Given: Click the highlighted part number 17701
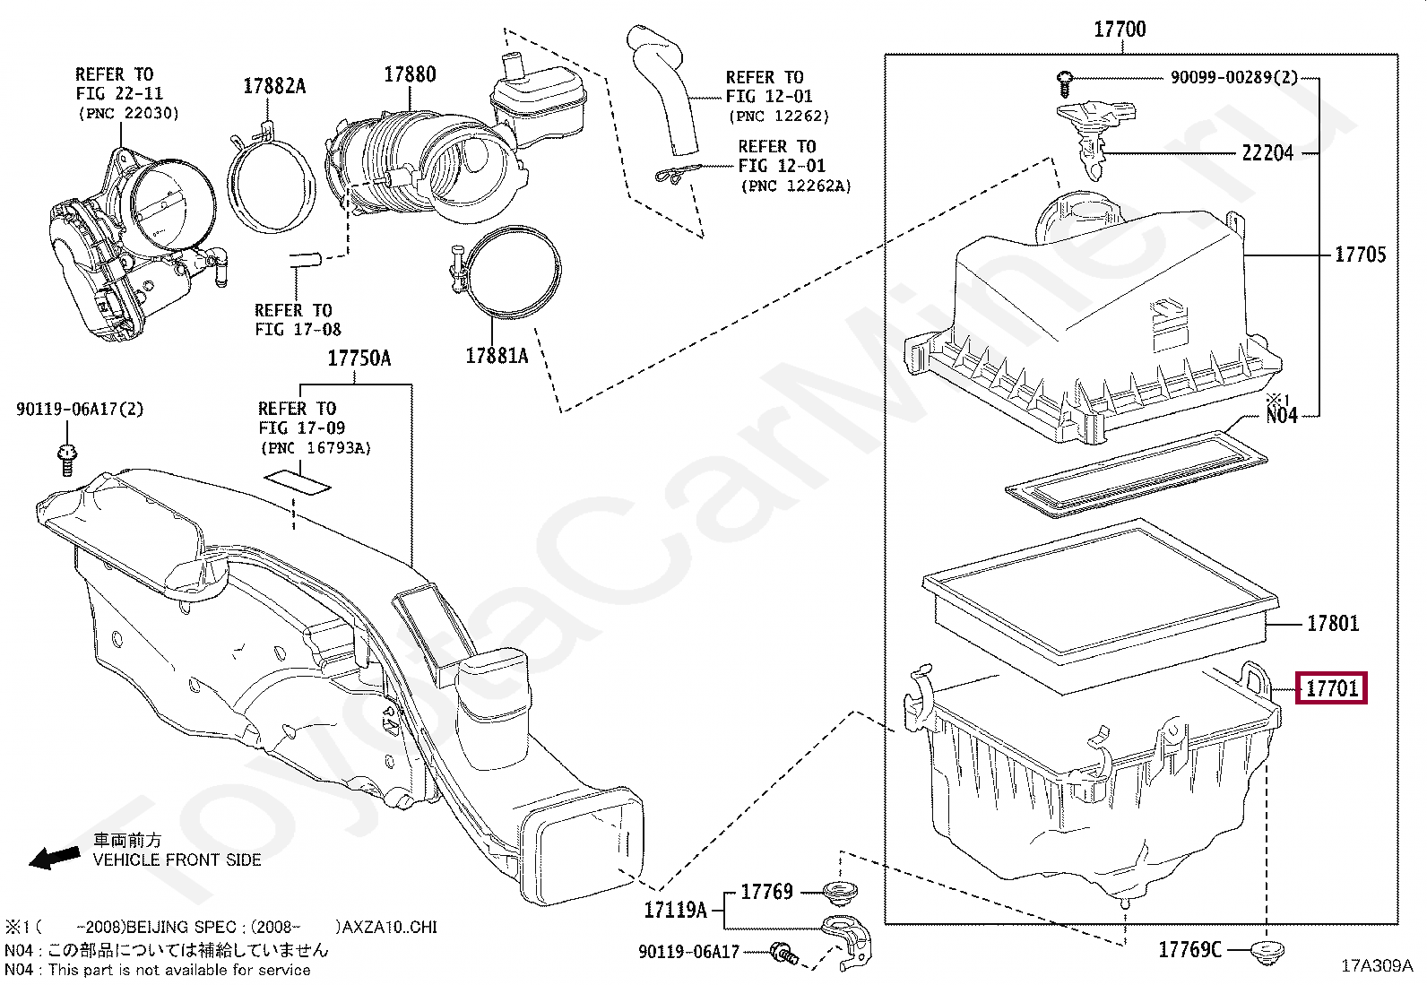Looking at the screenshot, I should (x=1332, y=688).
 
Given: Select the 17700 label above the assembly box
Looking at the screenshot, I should (x=1120, y=30).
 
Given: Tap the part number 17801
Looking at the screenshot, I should (x=1332, y=623).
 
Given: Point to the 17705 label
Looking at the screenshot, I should (x=1360, y=255).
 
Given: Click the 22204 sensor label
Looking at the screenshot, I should (x=1267, y=153).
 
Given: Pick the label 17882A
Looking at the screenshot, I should (x=274, y=86).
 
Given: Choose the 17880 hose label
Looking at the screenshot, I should (x=410, y=74).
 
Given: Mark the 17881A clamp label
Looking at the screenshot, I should (x=497, y=356).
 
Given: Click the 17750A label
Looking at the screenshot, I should (x=359, y=359).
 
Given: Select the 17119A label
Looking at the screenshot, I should (x=675, y=911).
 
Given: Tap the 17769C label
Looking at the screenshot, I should (x=1189, y=949).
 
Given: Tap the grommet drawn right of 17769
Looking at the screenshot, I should (x=841, y=893).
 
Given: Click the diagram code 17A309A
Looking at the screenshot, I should (x=1376, y=966).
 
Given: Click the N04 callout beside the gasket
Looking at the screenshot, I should (x=1281, y=415).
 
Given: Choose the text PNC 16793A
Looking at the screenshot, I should (x=315, y=447).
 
